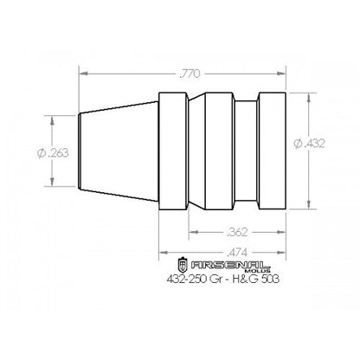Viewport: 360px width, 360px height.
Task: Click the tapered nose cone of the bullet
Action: (x=119, y=151)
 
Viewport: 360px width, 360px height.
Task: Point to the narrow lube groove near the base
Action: (x=247, y=151)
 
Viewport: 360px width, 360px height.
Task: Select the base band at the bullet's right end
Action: (x=271, y=151)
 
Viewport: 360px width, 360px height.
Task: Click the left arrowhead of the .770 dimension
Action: (x=84, y=74)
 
